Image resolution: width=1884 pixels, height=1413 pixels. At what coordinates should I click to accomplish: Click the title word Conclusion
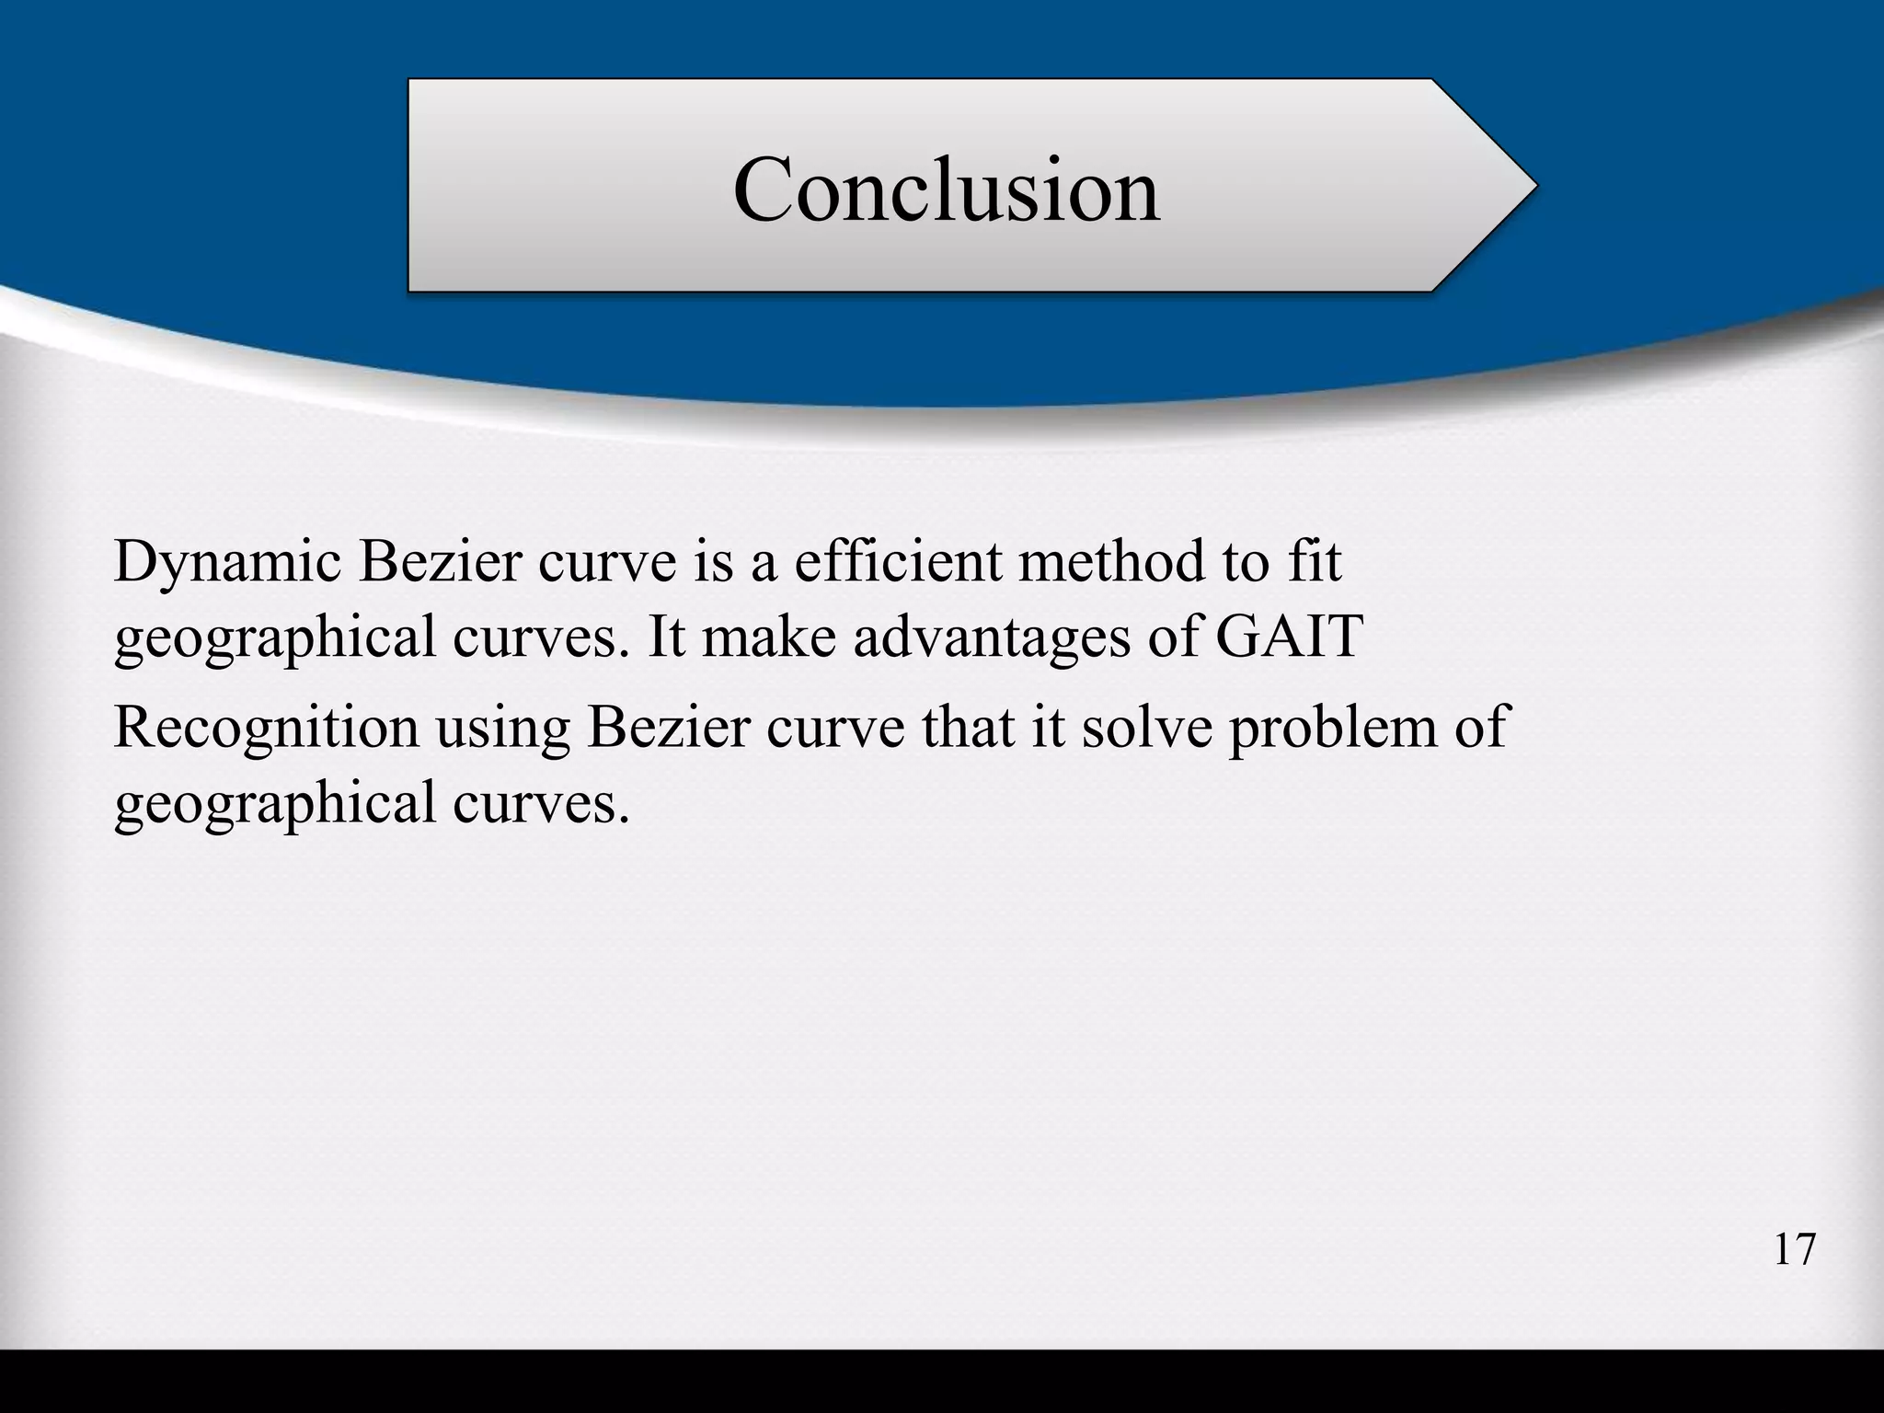[946, 190]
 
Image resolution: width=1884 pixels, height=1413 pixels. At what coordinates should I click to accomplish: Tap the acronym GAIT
[1288, 636]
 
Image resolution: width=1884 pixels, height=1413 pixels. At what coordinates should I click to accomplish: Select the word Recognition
[266, 729]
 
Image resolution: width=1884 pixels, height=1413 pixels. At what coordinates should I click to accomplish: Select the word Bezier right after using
[667, 727]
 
